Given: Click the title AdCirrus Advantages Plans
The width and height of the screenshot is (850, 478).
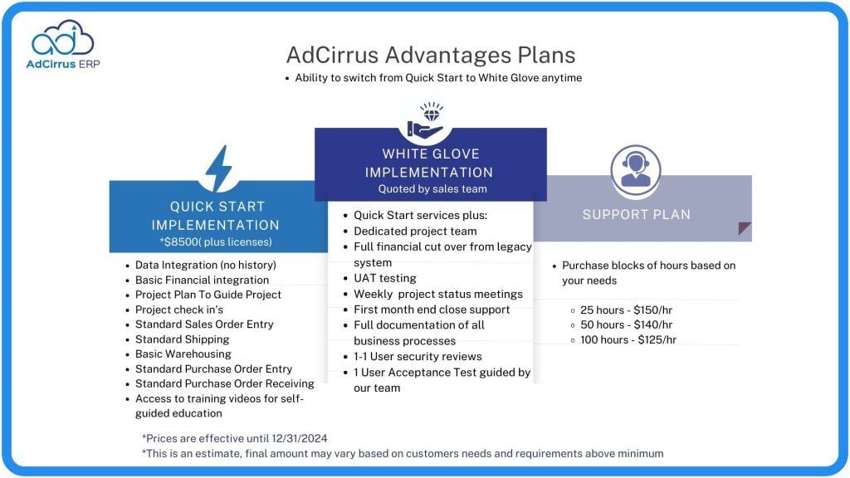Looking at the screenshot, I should click(x=430, y=55).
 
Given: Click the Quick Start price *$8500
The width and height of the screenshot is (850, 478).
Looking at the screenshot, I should click(x=183, y=242).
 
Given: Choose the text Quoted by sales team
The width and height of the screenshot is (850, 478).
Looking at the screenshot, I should click(x=432, y=189).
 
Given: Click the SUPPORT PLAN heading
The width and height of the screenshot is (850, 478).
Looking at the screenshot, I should click(x=637, y=214).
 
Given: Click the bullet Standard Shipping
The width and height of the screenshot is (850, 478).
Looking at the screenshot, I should click(x=182, y=339).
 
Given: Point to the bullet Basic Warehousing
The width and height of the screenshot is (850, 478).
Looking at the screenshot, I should click(x=183, y=354).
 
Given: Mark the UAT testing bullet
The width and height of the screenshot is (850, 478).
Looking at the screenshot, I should click(x=385, y=278).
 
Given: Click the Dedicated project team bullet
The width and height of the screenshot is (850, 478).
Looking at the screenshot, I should click(x=415, y=232).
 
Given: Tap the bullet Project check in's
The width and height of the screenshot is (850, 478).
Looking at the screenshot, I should click(x=179, y=310).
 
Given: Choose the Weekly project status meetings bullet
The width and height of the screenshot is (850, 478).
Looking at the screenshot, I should click(x=438, y=294).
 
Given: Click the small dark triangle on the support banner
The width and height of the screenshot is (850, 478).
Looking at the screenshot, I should click(x=745, y=229).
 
